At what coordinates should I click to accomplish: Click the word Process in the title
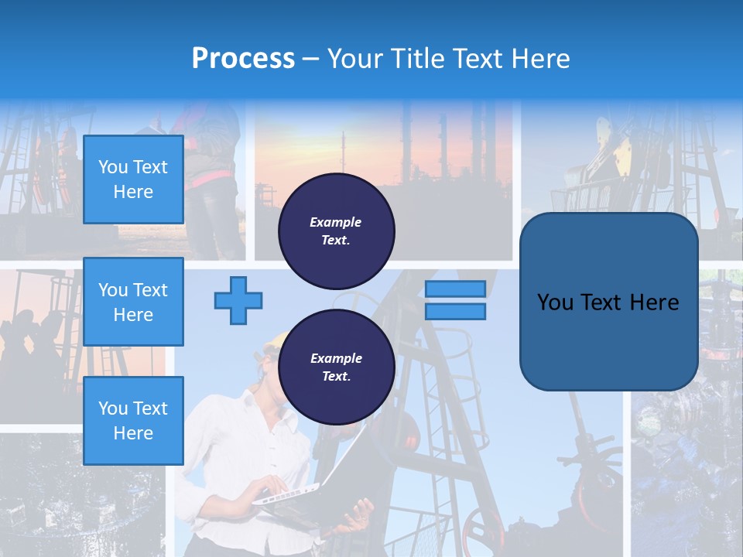(243, 59)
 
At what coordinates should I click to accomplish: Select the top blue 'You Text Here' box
(133, 179)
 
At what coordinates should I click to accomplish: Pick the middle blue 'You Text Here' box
(133, 302)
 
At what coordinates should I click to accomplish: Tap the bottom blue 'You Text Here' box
(133, 421)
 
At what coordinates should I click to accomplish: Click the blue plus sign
(238, 300)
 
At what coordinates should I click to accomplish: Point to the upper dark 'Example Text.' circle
(336, 231)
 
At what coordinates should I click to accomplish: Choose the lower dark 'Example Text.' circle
(336, 367)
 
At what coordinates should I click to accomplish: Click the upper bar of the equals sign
(455, 289)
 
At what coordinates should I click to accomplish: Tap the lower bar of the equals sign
(455, 311)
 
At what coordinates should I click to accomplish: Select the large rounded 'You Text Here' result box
(608, 302)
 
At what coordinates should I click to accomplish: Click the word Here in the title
(539, 59)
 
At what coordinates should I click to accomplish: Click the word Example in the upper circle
(336, 222)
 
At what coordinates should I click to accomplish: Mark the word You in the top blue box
(113, 167)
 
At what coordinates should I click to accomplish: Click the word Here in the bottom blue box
(133, 433)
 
